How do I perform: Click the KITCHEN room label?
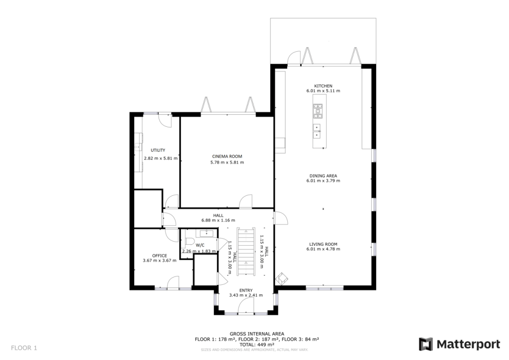pyautogui.click(x=323, y=86)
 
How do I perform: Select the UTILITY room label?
pyautogui.click(x=158, y=150)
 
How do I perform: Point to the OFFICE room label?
pyautogui.click(x=159, y=255)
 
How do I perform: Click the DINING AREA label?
pyautogui.click(x=323, y=176)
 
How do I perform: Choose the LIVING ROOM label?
pyautogui.click(x=323, y=244)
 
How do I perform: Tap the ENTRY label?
pyautogui.click(x=246, y=290)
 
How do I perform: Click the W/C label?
pyautogui.click(x=200, y=245)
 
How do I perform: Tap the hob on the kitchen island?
pyautogui.click(x=318, y=111)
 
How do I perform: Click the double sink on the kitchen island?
pyautogui.click(x=317, y=130)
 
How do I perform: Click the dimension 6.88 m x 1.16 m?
pyautogui.click(x=218, y=220)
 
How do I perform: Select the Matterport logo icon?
pyautogui.click(x=426, y=344)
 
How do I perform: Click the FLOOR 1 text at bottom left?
pyautogui.click(x=24, y=348)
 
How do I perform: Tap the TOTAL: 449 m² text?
pyautogui.click(x=256, y=345)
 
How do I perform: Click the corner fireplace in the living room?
pyautogui.click(x=282, y=278)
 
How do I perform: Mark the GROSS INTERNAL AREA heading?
pyautogui.click(x=256, y=334)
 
